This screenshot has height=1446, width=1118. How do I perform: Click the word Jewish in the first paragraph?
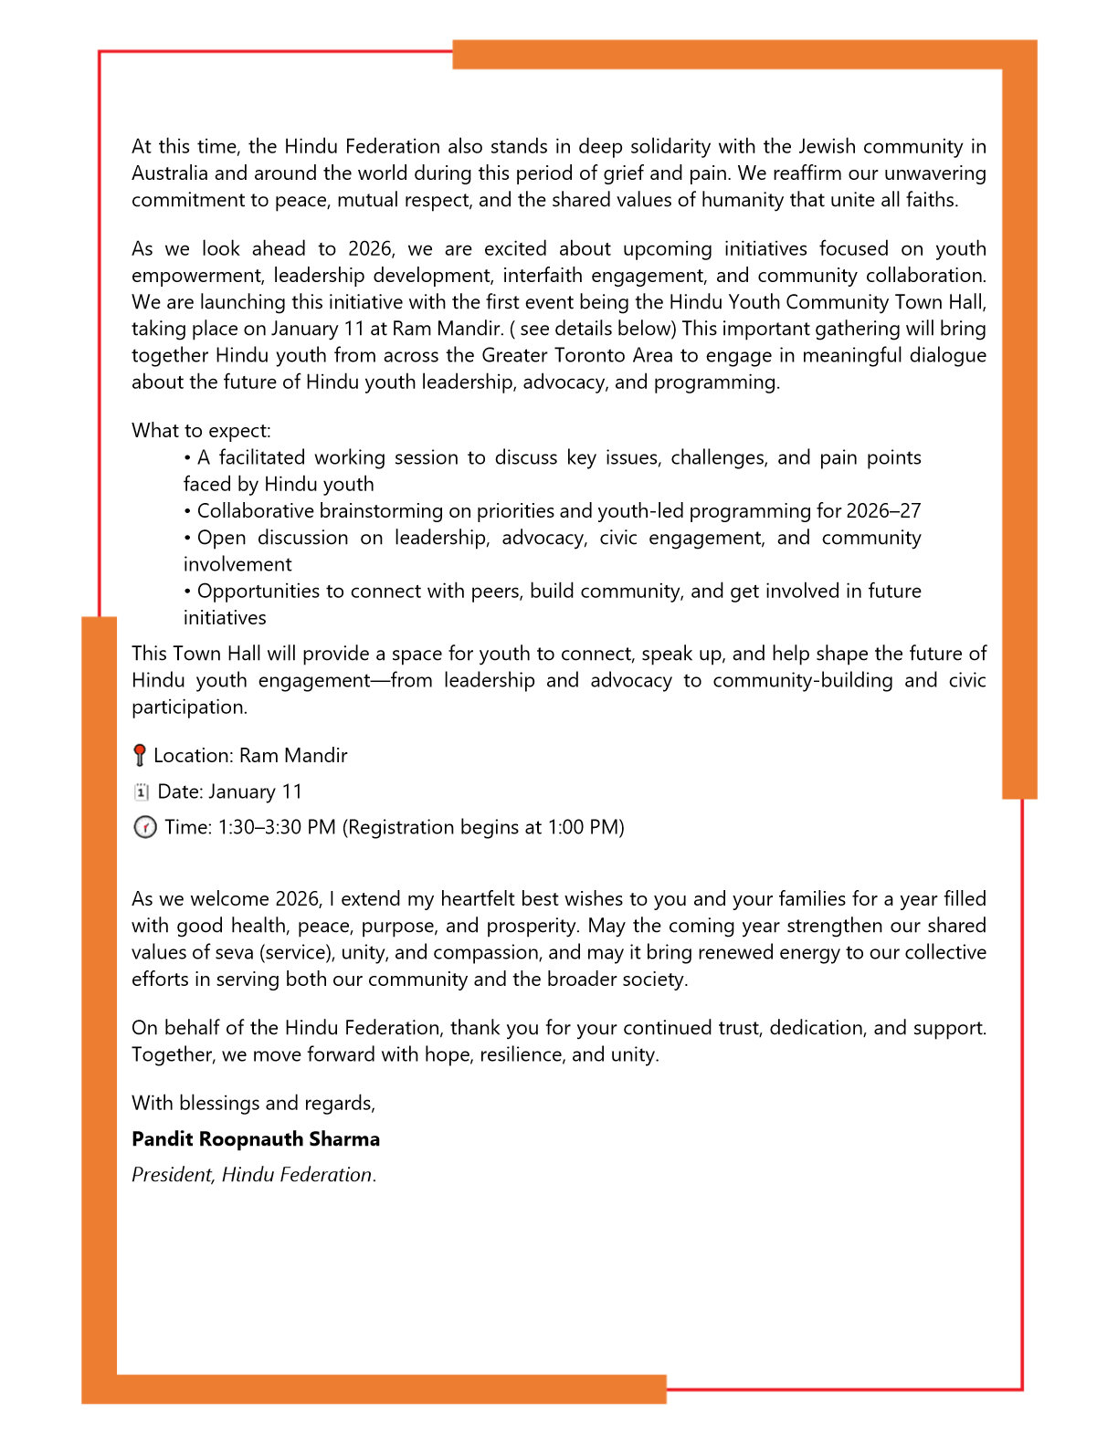point(828,147)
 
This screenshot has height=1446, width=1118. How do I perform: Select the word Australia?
point(170,173)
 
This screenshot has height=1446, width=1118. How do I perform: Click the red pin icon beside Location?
point(139,756)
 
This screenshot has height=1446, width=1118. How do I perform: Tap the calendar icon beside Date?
point(141,792)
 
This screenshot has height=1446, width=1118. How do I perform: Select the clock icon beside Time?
point(144,828)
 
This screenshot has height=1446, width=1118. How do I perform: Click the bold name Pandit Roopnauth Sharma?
point(256,1139)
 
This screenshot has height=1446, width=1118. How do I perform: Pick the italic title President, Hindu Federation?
point(253,1175)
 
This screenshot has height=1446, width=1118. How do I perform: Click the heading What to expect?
point(201,431)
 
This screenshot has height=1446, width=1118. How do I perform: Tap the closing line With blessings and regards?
point(253,1104)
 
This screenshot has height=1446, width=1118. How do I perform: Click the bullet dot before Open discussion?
point(187,539)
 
